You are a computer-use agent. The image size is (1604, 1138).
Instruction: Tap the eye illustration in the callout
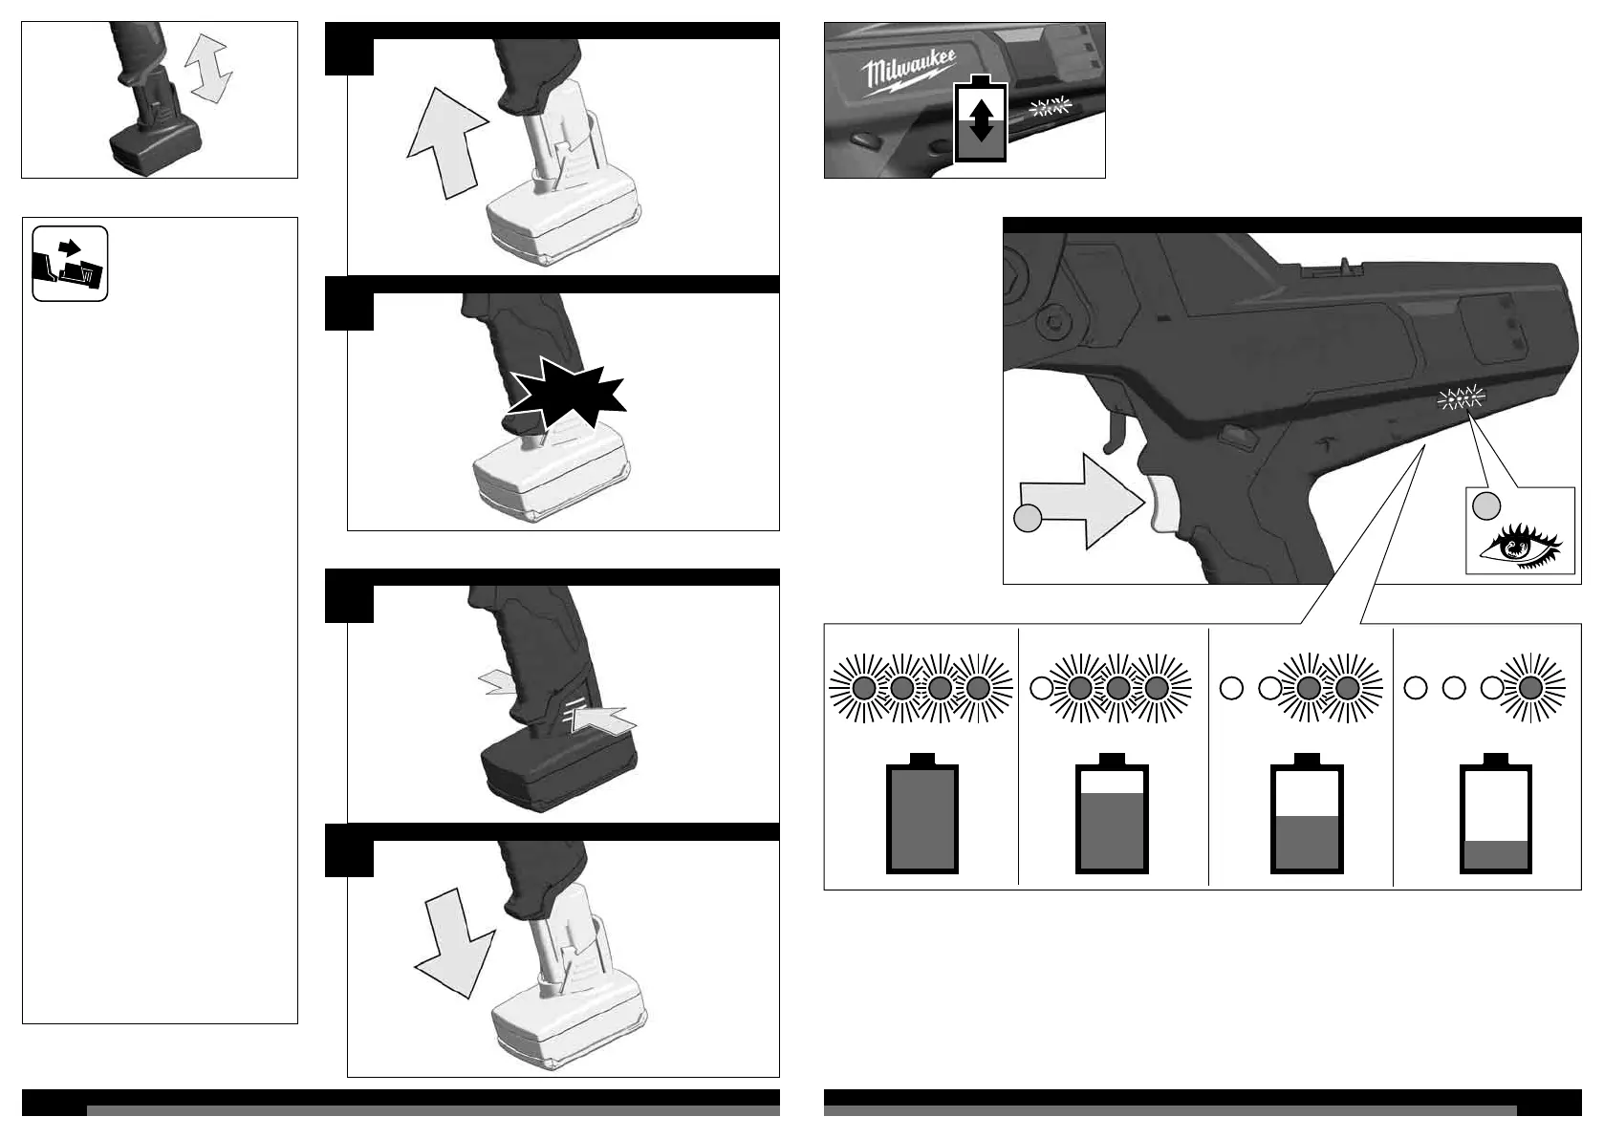[1521, 547]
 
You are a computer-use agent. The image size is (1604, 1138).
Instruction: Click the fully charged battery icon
[921, 814]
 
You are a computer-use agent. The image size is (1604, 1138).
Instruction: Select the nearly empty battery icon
[1496, 814]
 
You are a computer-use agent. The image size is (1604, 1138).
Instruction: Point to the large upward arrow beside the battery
[446, 142]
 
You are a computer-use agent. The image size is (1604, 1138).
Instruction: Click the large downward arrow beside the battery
[455, 943]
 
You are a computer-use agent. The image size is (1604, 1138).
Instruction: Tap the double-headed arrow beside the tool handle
[208, 68]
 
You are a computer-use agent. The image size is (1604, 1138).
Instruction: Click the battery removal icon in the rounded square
[70, 264]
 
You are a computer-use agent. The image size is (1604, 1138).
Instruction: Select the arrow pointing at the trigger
[1081, 501]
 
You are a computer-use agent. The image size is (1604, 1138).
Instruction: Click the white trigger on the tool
[1163, 505]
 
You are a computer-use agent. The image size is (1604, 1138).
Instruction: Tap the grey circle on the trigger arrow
[1028, 518]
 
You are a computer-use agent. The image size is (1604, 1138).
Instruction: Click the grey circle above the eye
[1486, 506]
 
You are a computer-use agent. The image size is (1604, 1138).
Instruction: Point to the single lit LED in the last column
[1530, 688]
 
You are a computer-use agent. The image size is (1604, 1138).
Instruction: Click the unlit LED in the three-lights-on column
[1041, 689]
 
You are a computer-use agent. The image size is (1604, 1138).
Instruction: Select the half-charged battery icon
[1307, 814]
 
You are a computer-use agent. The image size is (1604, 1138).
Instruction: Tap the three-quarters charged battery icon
[1112, 814]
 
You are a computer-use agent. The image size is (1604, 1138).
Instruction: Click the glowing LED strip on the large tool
[1461, 397]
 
